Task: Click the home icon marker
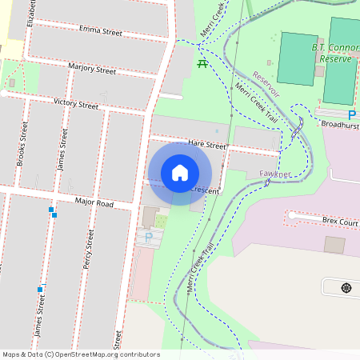point(180,172)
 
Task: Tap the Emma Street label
point(100,31)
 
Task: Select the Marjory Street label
point(92,69)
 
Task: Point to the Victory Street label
point(76,104)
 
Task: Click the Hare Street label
point(207,145)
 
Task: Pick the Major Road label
point(94,204)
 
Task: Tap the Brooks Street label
point(22,144)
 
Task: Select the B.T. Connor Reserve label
point(334,53)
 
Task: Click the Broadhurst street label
point(340,125)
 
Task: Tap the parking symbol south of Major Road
point(147,236)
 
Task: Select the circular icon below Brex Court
point(346,287)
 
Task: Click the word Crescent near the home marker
point(205,190)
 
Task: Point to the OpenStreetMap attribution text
point(81,354)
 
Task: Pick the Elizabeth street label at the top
point(32,12)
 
